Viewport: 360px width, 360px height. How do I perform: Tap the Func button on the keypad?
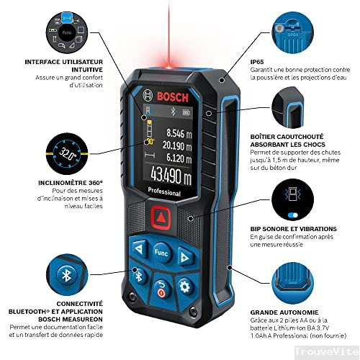click(162, 253)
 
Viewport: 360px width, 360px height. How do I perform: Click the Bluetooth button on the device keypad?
click(138, 276)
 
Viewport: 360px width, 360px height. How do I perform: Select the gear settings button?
click(185, 286)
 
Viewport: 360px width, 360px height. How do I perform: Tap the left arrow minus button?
click(139, 249)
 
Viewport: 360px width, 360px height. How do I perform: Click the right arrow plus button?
click(185, 257)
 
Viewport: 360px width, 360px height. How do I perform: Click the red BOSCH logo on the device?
click(173, 97)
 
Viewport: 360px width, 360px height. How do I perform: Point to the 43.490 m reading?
click(171, 176)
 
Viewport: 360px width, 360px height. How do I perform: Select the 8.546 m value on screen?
click(179, 133)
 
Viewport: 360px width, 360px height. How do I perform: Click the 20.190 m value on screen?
click(177, 145)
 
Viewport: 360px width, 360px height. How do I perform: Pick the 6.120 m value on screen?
click(179, 158)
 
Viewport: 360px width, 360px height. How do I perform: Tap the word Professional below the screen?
click(164, 192)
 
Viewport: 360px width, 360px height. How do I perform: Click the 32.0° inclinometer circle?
click(67, 153)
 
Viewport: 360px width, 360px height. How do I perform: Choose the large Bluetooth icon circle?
click(67, 274)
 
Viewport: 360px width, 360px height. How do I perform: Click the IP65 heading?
click(257, 62)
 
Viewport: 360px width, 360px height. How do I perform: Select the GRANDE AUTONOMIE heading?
click(284, 312)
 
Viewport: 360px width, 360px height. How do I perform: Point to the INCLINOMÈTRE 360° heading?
click(71, 183)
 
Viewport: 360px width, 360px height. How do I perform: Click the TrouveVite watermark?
click(327, 351)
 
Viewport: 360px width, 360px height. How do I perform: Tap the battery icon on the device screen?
click(186, 112)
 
